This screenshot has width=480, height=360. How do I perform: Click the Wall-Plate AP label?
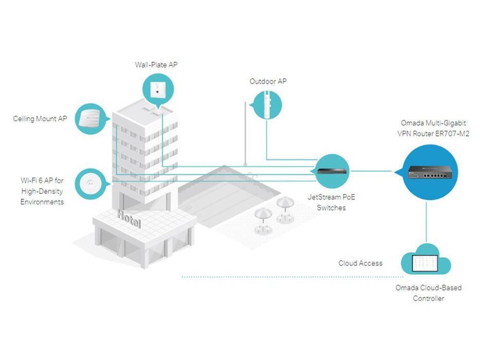[156, 65]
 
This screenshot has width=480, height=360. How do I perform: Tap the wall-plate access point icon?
[158, 89]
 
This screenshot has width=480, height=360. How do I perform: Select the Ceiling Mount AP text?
[40, 119]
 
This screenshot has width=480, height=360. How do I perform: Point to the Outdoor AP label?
[268, 81]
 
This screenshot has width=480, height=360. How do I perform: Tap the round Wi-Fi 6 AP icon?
[90, 184]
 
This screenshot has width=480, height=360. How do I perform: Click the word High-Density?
[42, 191]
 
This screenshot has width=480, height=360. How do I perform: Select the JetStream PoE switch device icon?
[332, 171]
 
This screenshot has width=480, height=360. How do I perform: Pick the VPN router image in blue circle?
[430, 172]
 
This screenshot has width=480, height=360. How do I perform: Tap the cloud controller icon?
[425, 260]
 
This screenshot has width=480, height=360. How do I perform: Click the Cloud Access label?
[361, 263]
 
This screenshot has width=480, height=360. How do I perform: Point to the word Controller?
[429, 298]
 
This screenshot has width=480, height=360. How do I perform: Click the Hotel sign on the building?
[129, 218]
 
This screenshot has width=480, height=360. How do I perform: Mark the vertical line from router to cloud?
[426, 221]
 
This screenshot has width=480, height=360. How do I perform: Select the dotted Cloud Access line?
[292, 277]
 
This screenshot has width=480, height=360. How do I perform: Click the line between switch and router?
[371, 171]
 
